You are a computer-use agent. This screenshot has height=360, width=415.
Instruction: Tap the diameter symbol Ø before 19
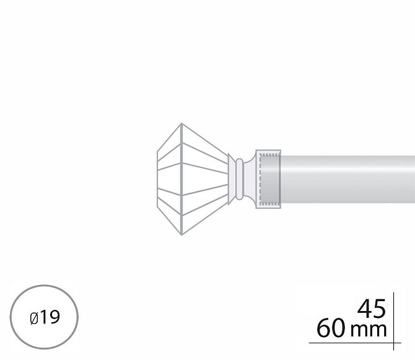(34, 318)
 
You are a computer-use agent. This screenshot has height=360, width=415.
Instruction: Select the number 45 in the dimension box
(371, 309)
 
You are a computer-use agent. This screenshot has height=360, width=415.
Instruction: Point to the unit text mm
(369, 330)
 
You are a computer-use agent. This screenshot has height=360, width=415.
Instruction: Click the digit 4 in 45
(364, 309)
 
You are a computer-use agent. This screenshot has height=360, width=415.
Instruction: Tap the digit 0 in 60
(339, 328)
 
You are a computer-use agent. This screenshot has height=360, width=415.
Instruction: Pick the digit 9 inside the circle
(55, 317)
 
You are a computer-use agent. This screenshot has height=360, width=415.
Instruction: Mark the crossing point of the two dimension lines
(393, 343)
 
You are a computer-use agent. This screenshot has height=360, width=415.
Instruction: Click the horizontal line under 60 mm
(355, 343)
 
